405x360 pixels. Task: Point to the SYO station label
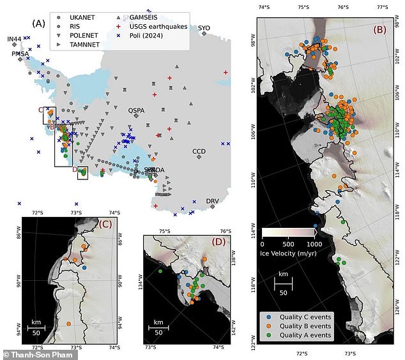pyautogui.click(x=204, y=28)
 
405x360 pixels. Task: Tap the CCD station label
pyautogui.click(x=199, y=152)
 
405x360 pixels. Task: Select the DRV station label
pyautogui.click(x=213, y=201)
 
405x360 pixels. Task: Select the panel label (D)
pyautogui.click(x=217, y=243)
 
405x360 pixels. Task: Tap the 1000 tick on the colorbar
pyautogui.click(x=313, y=244)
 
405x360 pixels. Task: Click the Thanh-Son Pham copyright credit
pyautogui.click(x=31, y=354)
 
